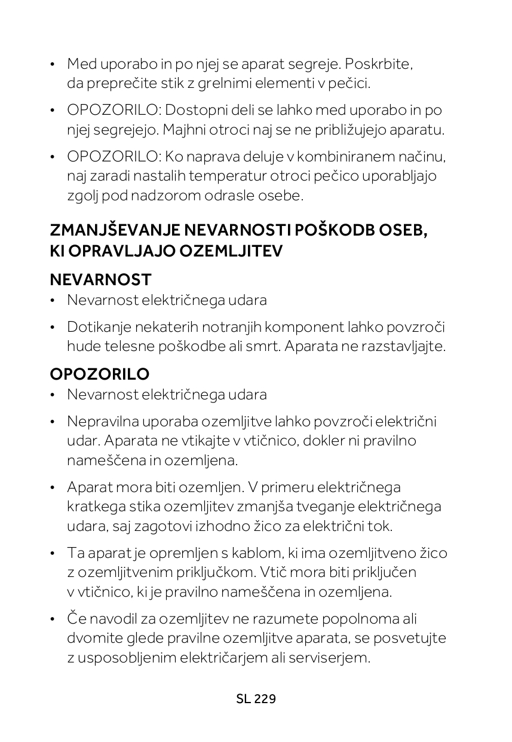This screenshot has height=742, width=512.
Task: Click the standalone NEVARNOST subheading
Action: click(100, 279)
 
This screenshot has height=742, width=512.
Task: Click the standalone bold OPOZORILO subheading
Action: click(100, 374)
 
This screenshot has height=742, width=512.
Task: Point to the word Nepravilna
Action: click(97, 422)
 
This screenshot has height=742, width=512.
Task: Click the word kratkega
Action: click(96, 507)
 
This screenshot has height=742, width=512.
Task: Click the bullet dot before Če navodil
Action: click(53, 619)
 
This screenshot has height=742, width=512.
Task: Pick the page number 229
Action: click(265, 699)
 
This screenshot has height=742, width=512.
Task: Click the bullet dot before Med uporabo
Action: click(53, 64)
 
